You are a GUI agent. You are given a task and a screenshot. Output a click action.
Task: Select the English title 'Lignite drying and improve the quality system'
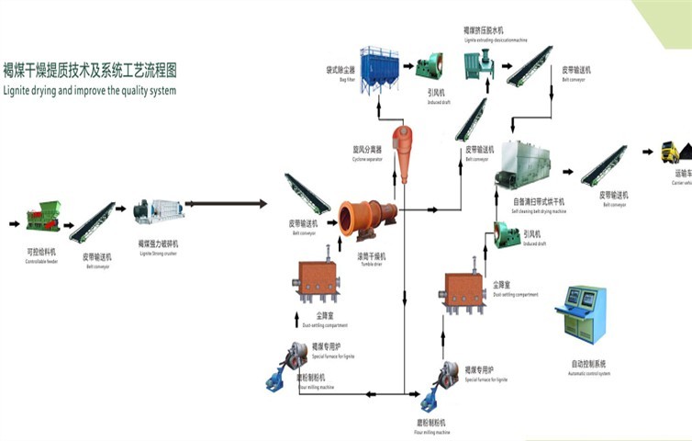pos(89,91)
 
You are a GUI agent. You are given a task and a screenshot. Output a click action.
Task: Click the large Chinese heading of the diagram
pos(90,70)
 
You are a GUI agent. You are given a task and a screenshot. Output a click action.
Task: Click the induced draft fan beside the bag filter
pos(429,66)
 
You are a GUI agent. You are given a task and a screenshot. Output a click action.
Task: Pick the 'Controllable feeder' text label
pos(40,261)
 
